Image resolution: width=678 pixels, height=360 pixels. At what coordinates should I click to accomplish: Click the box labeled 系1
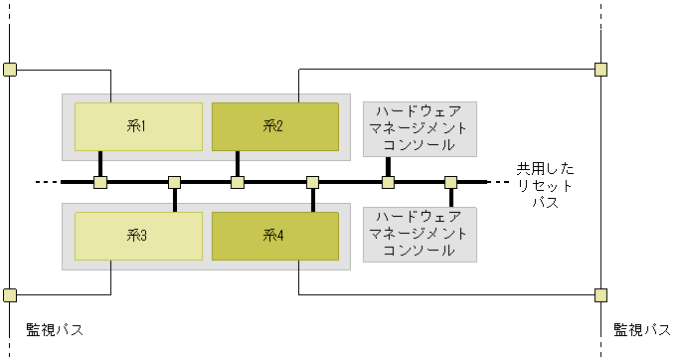point(138,126)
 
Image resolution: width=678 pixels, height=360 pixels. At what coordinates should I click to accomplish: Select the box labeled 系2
point(274,126)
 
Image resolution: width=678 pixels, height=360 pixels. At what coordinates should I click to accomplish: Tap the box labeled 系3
point(138,236)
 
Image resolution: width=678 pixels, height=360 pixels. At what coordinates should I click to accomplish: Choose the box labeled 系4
point(274,236)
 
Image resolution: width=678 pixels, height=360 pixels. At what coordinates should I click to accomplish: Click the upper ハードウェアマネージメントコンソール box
point(420,129)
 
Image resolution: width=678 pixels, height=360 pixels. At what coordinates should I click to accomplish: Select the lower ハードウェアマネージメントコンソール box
point(420,235)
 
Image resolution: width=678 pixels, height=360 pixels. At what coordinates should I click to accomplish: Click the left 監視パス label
point(54,329)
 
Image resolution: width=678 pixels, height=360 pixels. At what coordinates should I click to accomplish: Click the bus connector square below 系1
point(100,182)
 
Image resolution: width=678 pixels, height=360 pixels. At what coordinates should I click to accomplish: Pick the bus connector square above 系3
point(174,182)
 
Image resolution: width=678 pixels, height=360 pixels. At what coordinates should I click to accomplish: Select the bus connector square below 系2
point(238,182)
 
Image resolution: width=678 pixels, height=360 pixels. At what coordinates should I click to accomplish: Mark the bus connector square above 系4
point(312,182)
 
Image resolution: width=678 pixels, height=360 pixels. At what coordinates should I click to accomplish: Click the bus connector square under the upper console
point(389,182)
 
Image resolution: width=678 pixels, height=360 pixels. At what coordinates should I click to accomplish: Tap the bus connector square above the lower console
point(450,182)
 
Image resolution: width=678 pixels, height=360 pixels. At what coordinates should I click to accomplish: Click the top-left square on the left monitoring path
point(10,70)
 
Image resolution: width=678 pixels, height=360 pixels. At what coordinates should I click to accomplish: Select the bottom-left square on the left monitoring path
point(10,295)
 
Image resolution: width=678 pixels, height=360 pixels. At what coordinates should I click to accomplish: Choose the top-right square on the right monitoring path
point(600,70)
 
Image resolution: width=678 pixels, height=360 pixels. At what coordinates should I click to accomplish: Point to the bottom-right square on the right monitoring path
point(600,295)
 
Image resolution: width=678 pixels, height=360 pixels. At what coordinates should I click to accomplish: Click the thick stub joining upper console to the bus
point(389,167)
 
